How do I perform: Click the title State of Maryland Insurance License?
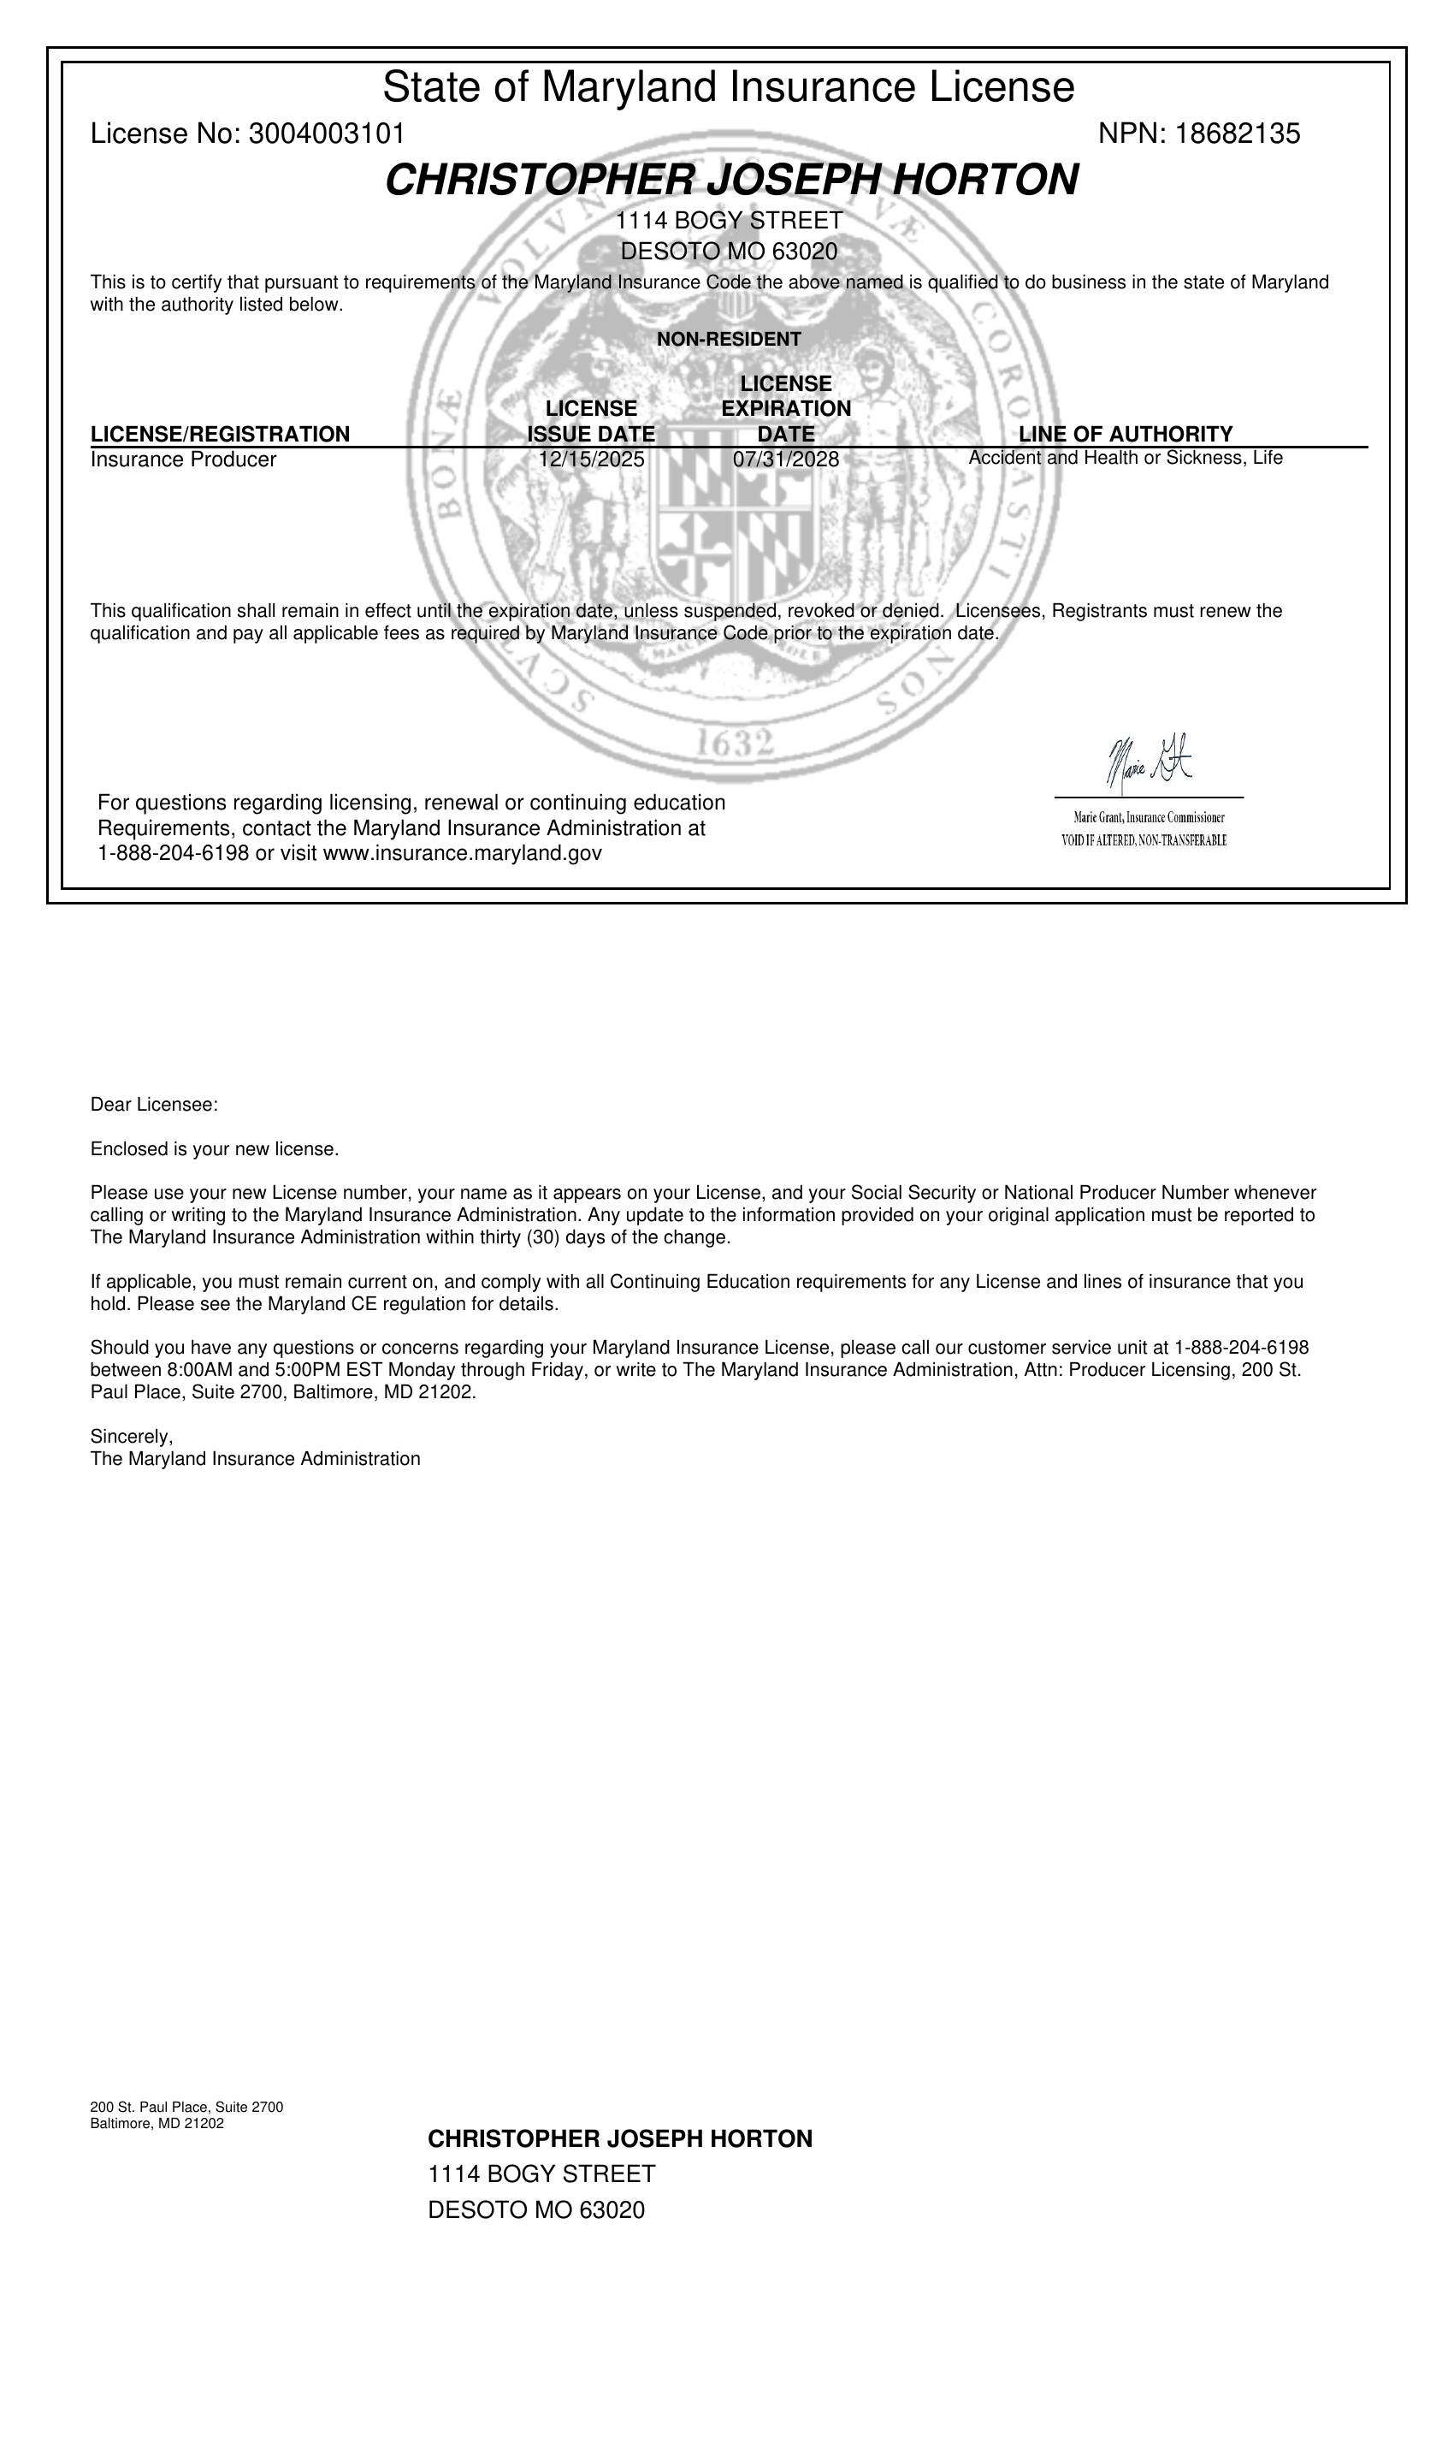tap(728, 87)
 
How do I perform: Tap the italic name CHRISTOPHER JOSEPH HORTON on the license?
tap(731, 181)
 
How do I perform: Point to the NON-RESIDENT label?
tap(728, 340)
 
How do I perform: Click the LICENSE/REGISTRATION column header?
tap(220, 434)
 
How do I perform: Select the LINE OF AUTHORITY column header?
tap(1125, 434)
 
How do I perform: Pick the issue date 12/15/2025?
tap(591, 460)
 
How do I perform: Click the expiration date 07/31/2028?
tap(786, 460)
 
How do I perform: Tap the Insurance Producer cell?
tap(183, 460)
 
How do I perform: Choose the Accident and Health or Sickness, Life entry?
tap(1125, 458)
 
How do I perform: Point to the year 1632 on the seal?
tap(734, 744)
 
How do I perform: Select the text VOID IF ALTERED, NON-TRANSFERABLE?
tap(1144, 841)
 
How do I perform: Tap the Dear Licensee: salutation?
tap(154, 1106)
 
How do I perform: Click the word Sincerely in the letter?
tap(130, 1437)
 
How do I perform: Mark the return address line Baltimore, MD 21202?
tap(157, 2124)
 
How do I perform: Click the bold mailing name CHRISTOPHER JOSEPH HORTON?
tap(619, 2139)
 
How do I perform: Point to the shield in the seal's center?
tap(735, 525)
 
